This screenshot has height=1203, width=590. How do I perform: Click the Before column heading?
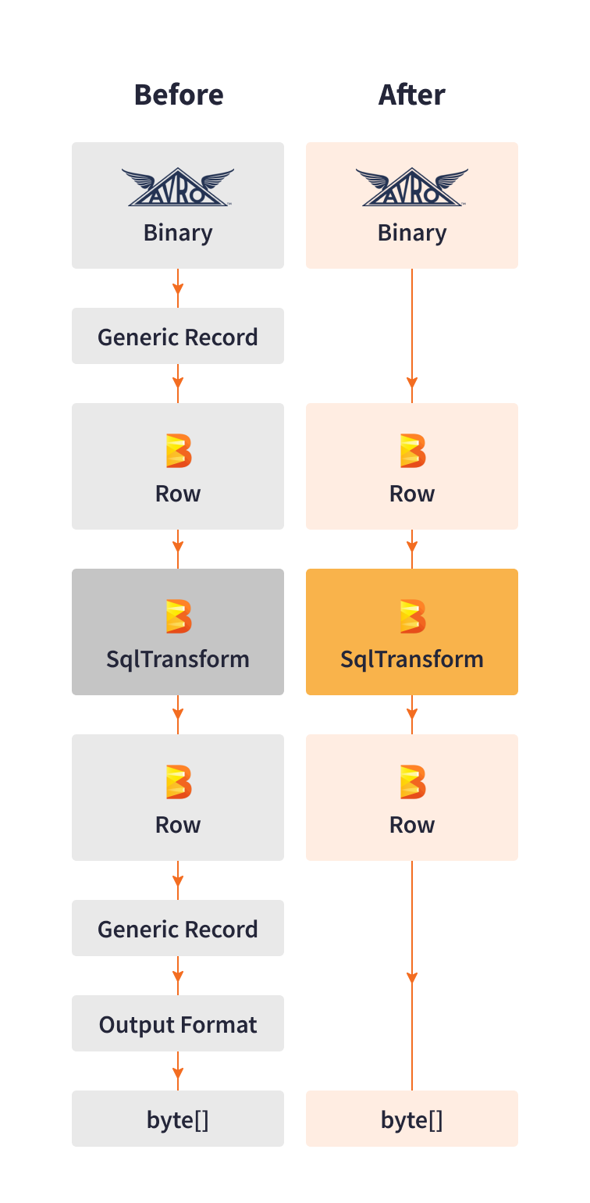coord(178,95)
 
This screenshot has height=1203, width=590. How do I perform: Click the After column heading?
coord(411,95)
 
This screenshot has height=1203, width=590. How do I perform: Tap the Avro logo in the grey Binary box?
coord(178,187)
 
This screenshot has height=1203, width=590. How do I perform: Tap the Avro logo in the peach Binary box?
coord(412,187)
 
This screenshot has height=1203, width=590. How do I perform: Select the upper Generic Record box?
coord(178,337)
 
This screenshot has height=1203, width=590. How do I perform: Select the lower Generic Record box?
coord(178,929)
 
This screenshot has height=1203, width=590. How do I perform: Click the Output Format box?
coord(178,1024)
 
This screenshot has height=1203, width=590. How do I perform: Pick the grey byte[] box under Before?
coord(178,1119)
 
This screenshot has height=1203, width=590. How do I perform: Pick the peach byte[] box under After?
coord(412,1119)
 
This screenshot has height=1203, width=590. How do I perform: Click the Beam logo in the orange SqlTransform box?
coord(412,616)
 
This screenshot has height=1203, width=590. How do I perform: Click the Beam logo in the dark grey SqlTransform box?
coord(178,616)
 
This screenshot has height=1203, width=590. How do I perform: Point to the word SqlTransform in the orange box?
coord(412,659)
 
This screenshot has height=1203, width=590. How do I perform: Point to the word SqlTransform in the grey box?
coord(178,659)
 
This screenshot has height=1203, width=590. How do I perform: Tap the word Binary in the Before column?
coord(178,233)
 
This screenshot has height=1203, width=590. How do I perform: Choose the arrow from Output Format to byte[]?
coord(178,1071)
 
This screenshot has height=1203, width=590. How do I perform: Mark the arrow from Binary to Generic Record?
coord(178,288)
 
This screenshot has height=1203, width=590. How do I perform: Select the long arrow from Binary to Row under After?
coord(412,336)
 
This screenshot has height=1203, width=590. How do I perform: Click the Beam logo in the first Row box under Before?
coord(178,451)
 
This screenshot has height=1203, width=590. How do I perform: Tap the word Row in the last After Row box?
coord(412,825)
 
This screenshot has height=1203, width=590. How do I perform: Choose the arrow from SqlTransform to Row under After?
coord(412,715)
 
